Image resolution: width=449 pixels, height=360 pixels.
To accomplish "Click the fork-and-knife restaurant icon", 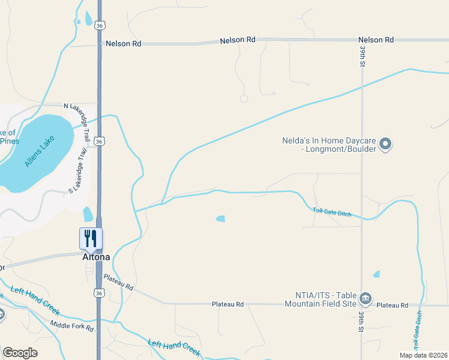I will [91, 238].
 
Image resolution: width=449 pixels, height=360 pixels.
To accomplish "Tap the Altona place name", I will [96, 257].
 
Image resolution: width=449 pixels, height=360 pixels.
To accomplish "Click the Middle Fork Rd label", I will [72, 326].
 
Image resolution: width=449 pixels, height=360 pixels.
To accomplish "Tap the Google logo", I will [20, 353].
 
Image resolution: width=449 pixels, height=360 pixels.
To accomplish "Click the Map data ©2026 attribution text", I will [423, 355].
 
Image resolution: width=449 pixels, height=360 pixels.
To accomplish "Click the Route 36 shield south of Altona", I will [98, 292].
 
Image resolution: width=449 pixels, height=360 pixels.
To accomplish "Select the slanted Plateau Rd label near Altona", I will [118, 281].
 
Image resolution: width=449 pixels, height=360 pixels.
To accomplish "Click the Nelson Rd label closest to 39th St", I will [376, 40].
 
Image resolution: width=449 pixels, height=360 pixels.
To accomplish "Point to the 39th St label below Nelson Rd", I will [363, 58].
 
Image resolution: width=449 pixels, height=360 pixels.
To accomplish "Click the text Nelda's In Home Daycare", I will [329, 145].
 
